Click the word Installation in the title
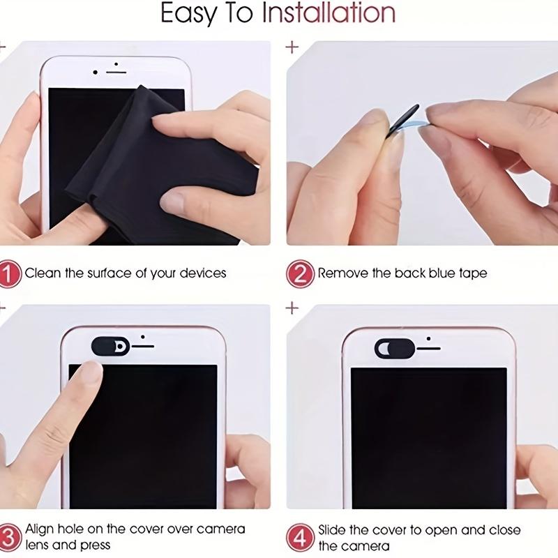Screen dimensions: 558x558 point(329,13)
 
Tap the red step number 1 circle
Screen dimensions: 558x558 point(9,273)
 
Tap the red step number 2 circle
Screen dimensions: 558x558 point(300,273)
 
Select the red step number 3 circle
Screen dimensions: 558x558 point(9,537)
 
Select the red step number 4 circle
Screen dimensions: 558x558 point(300,537)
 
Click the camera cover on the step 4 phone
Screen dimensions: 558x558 point(394,347)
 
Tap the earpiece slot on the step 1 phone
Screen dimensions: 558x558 point(116,72)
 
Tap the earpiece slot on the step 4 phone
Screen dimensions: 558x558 point(429,347)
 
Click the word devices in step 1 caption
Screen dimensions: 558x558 point(203,273)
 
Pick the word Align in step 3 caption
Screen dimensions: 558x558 point(41,529)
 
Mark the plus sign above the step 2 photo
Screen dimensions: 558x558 point(293,47)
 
